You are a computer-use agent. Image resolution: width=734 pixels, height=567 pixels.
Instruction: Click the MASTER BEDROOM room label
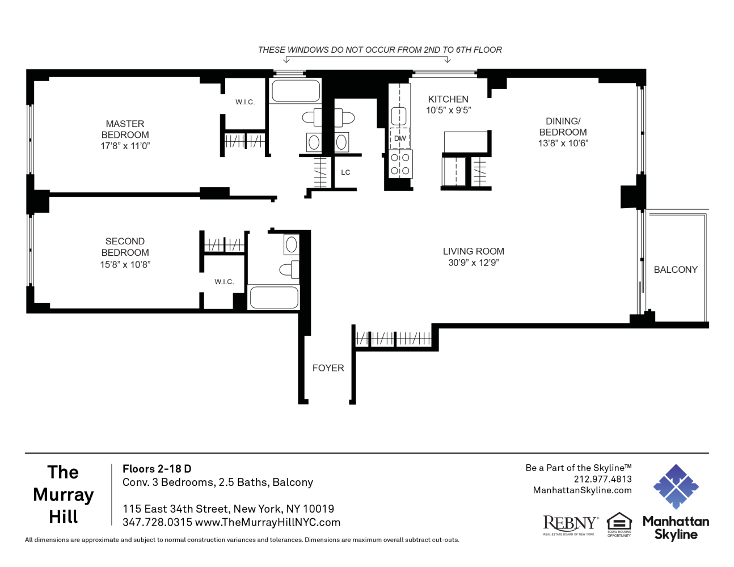(x=125, y=129)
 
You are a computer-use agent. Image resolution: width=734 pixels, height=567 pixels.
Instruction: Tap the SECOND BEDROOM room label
(x=125, y=247)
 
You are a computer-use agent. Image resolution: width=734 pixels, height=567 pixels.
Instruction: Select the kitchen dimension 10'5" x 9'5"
(x=448, y=111)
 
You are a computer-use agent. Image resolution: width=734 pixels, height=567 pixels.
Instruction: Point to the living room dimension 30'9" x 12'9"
(x=474, y=263)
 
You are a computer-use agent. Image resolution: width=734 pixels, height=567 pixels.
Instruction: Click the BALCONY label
(x=676, y=270)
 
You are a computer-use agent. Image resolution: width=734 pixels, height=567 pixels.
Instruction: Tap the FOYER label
(x=328, y=368)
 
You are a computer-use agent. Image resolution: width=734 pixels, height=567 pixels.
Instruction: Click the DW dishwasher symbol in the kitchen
(x=400, y=138)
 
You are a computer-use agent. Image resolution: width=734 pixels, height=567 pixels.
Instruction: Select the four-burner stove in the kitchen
(x=400, y=164)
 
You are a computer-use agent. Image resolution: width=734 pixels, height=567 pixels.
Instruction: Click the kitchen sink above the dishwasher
(x=399, y=116)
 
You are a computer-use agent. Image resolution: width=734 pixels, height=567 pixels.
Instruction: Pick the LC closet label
(x=345, y=172)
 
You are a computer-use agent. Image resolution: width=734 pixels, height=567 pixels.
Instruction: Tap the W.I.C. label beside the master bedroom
(x=245, y=102)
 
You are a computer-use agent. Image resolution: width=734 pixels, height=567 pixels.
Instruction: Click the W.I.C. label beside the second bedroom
(x=224, y=281)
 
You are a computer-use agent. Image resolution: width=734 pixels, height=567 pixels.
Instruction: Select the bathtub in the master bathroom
(x=296, y=91)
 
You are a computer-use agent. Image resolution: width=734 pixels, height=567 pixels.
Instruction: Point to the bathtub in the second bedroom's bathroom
(x=273, y=297)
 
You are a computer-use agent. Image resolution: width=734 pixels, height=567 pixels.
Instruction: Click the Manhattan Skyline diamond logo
(x=676, y=486)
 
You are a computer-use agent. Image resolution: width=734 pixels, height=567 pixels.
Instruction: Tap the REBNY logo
(x=571, y=526)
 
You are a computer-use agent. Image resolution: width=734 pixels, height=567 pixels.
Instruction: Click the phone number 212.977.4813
(x=602, y=479)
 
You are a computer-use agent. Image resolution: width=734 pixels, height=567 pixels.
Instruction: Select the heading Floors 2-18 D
(x=157, y=469)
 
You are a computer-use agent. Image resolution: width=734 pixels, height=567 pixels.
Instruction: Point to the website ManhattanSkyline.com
(x=583, y=490)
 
